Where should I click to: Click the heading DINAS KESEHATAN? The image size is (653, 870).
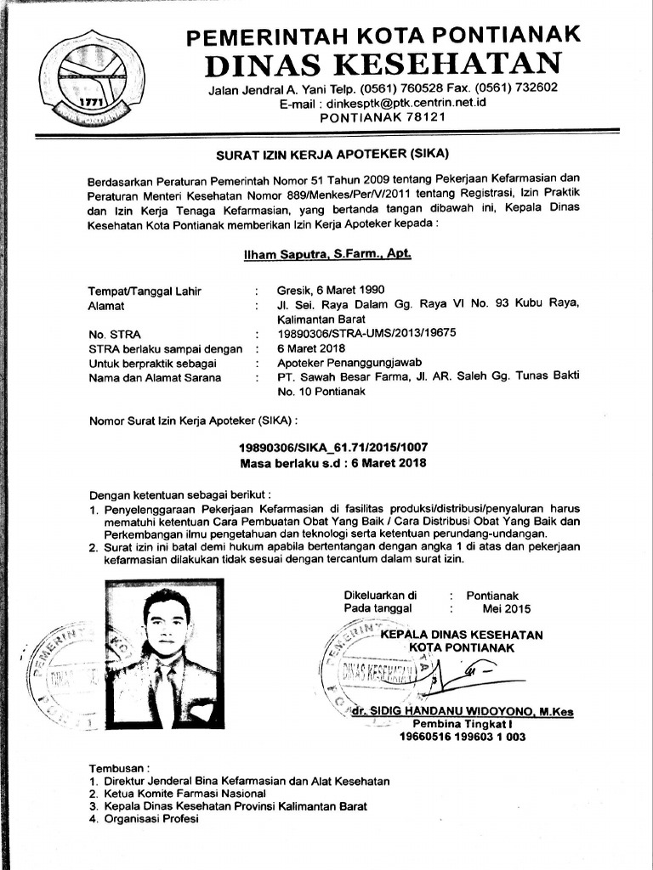point(383,62)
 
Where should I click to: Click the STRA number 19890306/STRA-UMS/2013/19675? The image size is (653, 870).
point(366,334)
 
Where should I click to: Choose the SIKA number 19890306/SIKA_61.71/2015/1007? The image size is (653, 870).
point(332,447)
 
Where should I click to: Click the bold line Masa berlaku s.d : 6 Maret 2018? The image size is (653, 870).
point(332,463)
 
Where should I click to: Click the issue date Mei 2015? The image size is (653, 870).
point(505,608)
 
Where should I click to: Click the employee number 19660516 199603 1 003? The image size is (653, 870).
point(463,737)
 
